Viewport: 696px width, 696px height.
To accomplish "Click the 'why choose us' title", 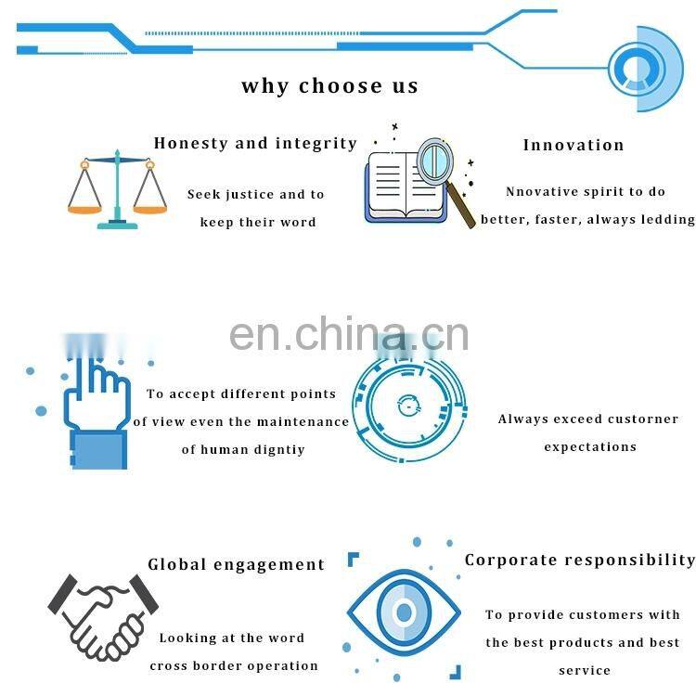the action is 329,86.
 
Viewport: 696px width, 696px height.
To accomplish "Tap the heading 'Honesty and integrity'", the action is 255,143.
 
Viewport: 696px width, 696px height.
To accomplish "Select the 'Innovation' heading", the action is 574,145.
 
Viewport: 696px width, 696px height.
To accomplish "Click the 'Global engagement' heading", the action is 237,564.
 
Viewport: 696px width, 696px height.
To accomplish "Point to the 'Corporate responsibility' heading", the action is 580,560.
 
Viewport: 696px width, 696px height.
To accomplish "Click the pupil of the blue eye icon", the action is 403,612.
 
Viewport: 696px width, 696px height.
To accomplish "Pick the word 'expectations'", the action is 590,447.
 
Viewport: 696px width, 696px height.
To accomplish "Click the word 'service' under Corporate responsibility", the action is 585,670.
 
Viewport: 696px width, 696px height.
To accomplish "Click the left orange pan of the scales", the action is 84,208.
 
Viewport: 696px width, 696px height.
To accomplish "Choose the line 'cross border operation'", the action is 234,665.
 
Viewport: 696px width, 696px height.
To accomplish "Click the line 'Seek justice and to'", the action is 256,195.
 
